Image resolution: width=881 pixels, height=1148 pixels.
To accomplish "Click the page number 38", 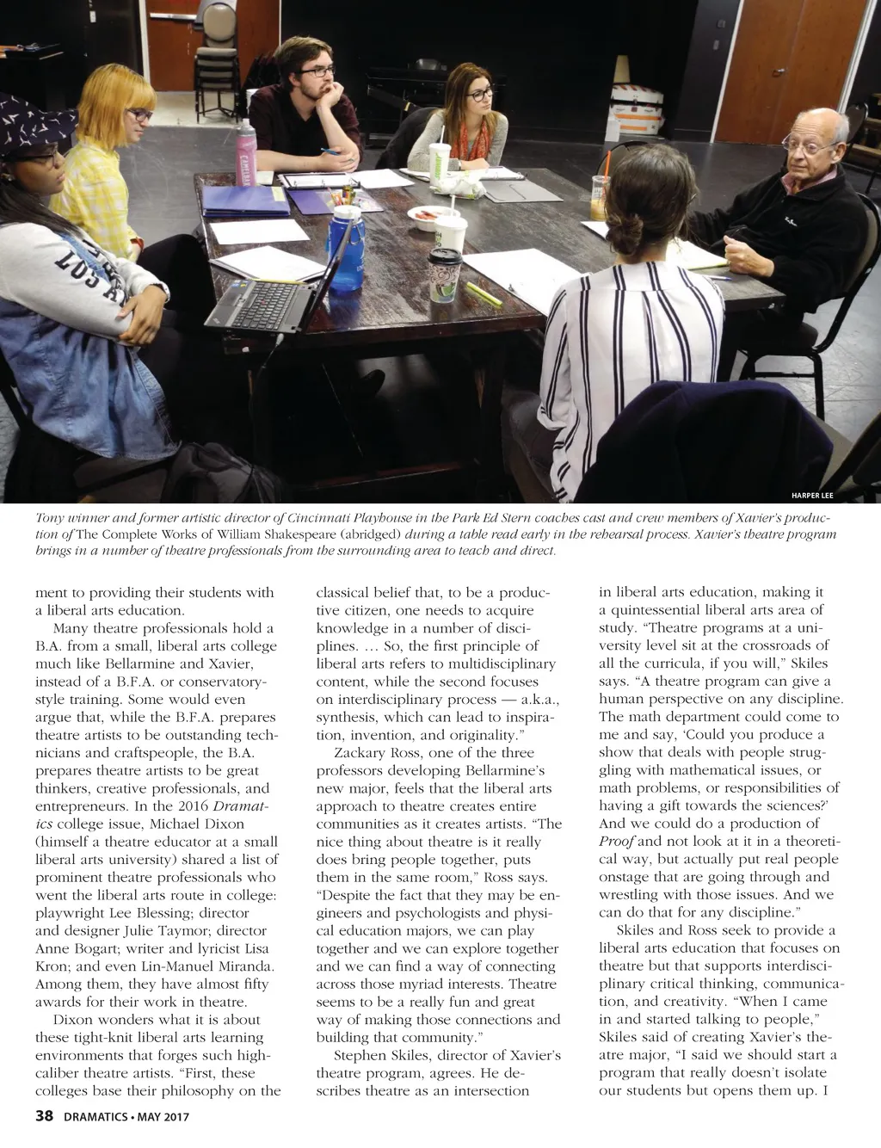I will tap(44, 1117).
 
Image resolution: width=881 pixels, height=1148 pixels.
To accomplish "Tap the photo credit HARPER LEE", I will tap(812, 495).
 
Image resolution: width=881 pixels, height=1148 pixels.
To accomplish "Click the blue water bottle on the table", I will tap(347, 247).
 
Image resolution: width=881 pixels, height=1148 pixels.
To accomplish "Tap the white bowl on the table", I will tap(423, 216).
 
